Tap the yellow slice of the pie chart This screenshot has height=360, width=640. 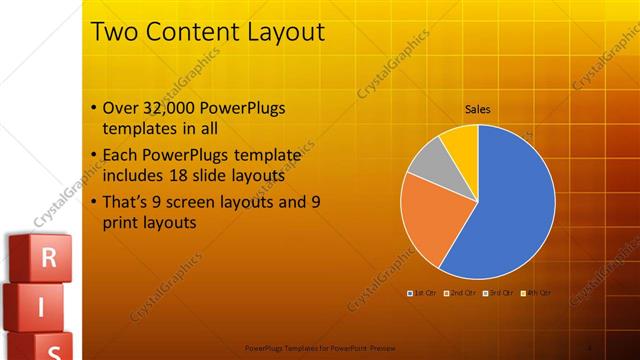461,141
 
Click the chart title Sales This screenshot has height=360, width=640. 478,110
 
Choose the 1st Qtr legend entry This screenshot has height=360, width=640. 419,293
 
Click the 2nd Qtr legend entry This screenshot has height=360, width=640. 459,293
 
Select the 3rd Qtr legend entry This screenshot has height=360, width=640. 499,293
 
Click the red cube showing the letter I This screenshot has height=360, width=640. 41,308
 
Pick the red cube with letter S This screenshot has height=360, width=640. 54,347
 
